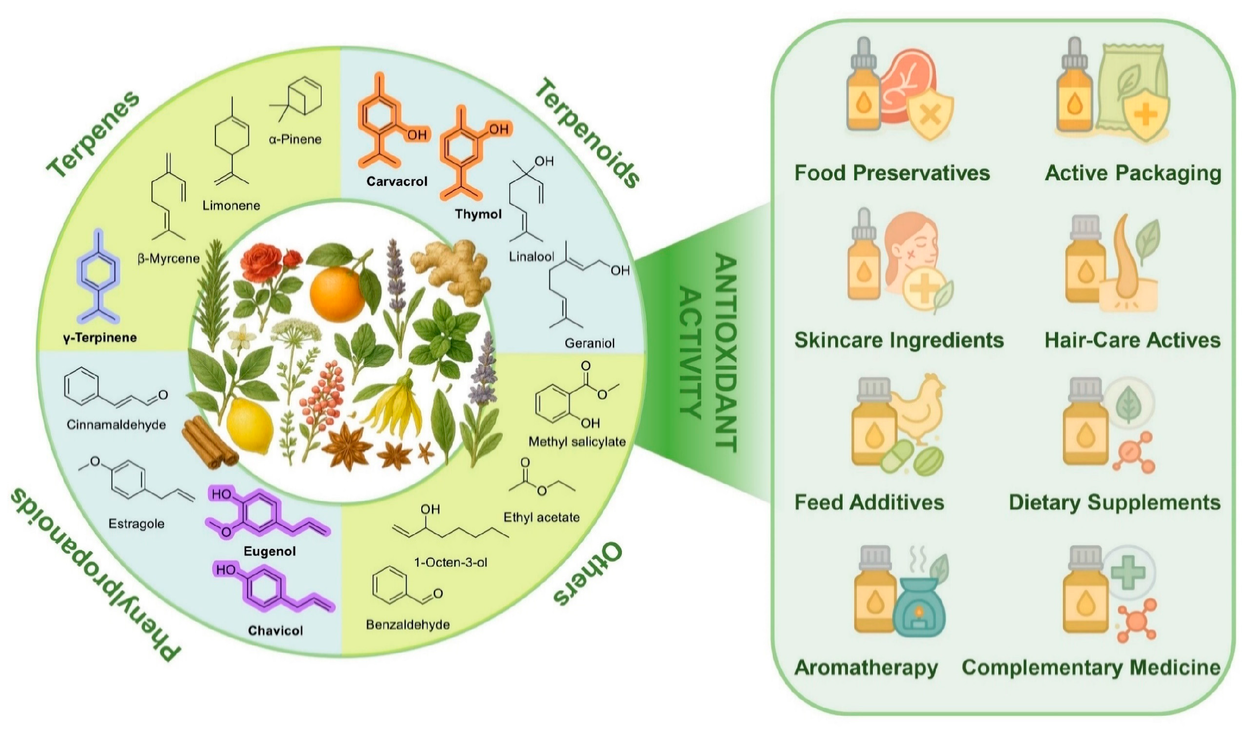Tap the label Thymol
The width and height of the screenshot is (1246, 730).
pos(478,214)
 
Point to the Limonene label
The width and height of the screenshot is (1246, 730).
pos(231,205)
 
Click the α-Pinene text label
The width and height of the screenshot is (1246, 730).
pos(295,140)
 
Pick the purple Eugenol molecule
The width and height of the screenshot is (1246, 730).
pos(265,513)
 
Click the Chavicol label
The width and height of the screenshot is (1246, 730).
pos(275,631)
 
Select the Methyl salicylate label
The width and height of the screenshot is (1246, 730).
pos(577,442)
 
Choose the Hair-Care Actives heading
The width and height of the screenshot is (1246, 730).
pos(1132,340)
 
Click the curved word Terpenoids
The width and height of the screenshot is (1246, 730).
pos(588,132)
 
